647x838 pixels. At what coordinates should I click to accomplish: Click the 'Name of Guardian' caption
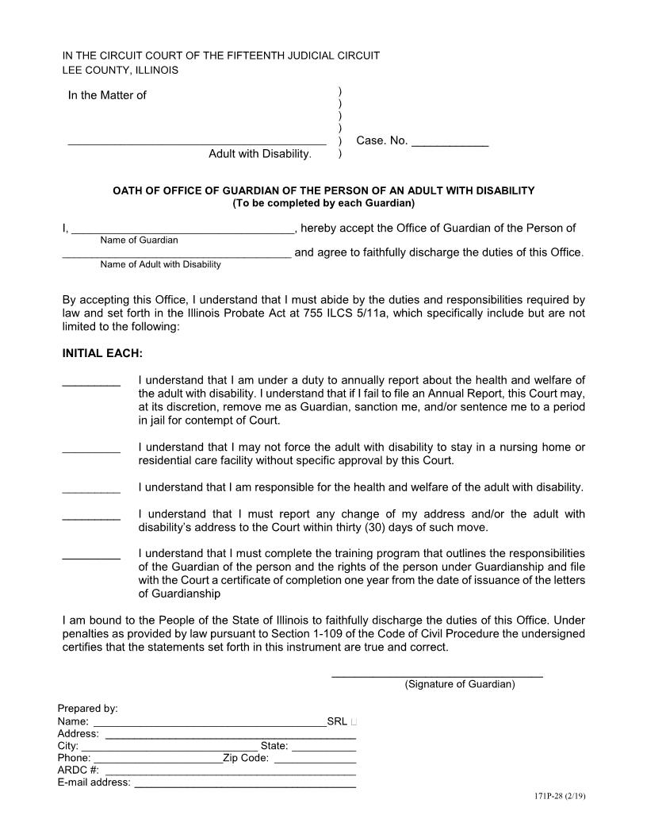coord(139,240)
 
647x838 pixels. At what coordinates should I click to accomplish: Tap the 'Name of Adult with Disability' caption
coord(160,264)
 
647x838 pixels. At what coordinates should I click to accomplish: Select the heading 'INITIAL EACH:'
coord(102,352)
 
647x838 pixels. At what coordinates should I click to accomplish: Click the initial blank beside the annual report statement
coord(91,383)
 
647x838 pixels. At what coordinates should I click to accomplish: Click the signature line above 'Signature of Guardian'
coord(436,675)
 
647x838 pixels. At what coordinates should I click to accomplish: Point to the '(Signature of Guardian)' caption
coord(459,684)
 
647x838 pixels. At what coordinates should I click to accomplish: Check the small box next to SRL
coord(353,722)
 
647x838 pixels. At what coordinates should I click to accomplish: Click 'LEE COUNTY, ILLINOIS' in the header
coord(121,70)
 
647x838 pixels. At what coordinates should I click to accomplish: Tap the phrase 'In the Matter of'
coord(107,95)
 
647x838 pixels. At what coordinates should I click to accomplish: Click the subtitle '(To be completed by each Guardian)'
coord(323,202)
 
